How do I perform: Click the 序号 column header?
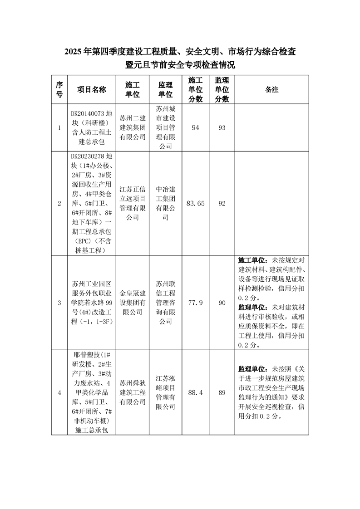tap(59, 89)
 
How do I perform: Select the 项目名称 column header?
tap(91, 89)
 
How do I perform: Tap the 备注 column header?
tap(271, 89)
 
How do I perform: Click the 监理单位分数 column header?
tap(222, 89)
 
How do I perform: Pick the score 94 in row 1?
tap(196, 128)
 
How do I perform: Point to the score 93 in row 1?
tap(222, 128)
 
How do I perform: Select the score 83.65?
tap(196, 204)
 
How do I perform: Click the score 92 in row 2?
tap(222, 204)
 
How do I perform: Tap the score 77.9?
tap(196, 303)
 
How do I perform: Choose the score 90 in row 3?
tap(222, 303)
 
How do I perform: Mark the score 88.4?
tap(196, 393)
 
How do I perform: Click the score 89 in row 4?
tap(222, 393)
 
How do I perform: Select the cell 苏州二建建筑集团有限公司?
tap(133, 128)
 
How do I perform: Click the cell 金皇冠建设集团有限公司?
tap(133, 303)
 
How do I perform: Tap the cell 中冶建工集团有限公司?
tap(166, 204)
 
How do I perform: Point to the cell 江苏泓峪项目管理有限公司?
tap(166, 393)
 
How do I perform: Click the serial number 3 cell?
tap(59, 303)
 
